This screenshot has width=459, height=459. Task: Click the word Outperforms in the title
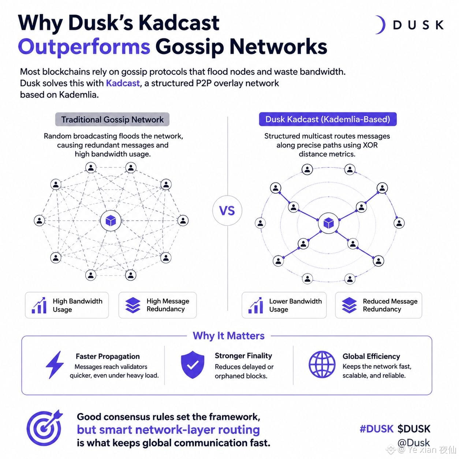click(x=84, y=47)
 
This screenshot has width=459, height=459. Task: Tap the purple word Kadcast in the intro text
click(x=123, y=83)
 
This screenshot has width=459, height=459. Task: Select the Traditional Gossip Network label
click(x=112, y=119)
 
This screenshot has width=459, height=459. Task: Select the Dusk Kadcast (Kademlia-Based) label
click(x=328, y=119)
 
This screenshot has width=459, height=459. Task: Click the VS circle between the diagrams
click(x=227, y=210)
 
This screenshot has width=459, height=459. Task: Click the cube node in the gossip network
click(x=111, y=221)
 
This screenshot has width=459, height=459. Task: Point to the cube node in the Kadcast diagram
click(x=328, y=223)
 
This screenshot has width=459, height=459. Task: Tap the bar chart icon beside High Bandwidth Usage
click(x=39, y=305)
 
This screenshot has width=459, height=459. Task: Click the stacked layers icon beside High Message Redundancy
click(x=133, y=305)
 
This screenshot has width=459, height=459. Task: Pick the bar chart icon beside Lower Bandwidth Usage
click(x=255, y=305)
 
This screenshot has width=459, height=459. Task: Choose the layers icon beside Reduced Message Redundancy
click(x=349, y=305)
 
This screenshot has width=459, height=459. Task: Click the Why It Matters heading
click(x=228, y=336)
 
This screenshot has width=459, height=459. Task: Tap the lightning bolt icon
click(x=55, y=365)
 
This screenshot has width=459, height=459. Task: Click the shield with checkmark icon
click(x=193, y=365)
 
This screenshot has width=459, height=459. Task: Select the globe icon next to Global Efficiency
click(x=322, y=365)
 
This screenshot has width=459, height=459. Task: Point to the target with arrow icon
click(x=44, y=428)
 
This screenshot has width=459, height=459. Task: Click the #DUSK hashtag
click(x=376, y=429)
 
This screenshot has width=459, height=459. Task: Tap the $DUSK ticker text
click(x=414, y=429)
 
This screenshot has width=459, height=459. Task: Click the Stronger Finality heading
click(x=243, y=356)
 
